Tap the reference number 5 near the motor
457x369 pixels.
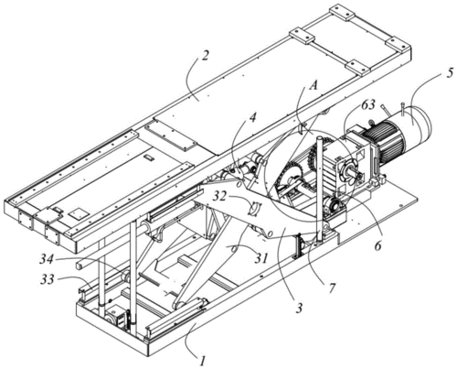point(449,74)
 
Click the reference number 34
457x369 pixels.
point(48,260)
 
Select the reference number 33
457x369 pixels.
point(48,279)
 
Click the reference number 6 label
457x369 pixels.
point(377,245)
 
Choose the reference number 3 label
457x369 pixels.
point(299,309)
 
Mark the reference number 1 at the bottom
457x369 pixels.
point(202,362)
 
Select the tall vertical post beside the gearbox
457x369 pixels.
point(319,190)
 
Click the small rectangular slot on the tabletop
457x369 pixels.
point(149,157)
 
